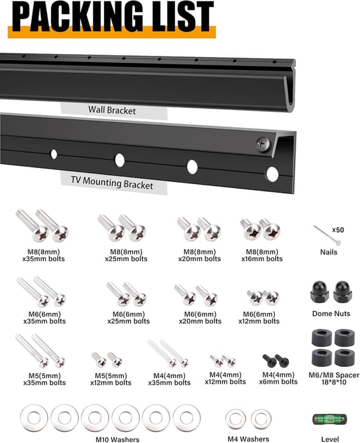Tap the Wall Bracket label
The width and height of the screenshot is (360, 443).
[111, 110]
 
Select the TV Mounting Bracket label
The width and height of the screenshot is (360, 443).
[112, 184]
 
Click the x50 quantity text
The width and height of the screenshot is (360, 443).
[337, 230]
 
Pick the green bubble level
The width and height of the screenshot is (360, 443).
[330, 419]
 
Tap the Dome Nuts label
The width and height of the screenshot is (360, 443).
[331, 314]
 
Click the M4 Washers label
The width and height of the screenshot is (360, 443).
[248, 438]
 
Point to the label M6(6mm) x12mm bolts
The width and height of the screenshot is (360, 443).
[261, 317]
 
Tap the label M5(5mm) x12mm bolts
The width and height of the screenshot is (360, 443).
[111, 378]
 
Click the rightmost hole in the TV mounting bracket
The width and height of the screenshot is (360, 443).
[272, 174]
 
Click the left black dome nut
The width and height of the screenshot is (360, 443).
[319, 292]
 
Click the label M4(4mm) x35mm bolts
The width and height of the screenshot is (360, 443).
[172, 378]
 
